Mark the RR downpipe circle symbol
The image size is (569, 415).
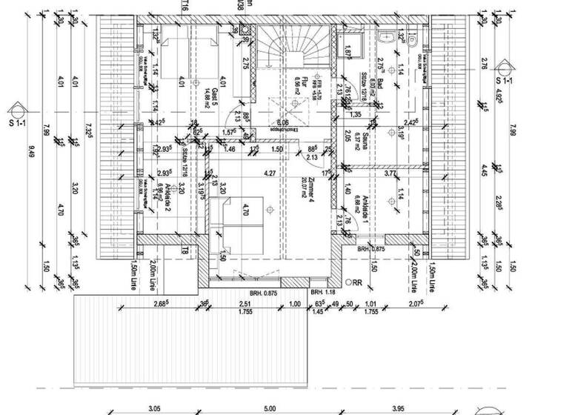[348, 282]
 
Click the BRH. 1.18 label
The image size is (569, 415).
[323, 291]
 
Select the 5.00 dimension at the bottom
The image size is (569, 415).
[270, 408]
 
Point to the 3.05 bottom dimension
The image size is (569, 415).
[154, 408]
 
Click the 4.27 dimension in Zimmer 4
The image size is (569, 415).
[270, 174]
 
